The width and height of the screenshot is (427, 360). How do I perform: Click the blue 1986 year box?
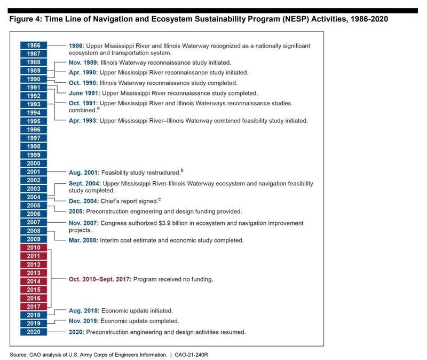(34, 45)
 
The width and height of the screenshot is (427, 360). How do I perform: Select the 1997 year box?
(34, 138)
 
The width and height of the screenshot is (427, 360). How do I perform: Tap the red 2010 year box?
(34, 247)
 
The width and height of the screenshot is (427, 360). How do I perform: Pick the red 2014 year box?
(34, 281)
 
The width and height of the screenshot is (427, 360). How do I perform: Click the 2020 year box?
(34, 332)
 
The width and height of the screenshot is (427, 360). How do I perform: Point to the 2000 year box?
(34, 163)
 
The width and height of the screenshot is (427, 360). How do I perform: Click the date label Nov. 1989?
(84, 62)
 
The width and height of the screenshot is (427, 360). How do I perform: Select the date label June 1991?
(84, 93)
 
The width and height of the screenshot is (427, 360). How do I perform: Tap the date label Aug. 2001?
(84, 173)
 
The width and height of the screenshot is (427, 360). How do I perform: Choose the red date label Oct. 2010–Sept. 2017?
(100, 279)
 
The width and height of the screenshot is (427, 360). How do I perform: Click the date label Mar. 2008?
(83, 240)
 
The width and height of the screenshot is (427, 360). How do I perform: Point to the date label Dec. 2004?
(84, 201)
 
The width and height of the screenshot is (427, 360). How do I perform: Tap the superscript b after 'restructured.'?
(182, 170)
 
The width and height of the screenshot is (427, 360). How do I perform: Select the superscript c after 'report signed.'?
(159, 199)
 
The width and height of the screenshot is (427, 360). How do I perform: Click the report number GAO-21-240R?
(191, 355)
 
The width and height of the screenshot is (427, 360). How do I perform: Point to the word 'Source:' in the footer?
(19, 355)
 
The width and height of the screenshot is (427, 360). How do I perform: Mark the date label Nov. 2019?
(84, 321)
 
